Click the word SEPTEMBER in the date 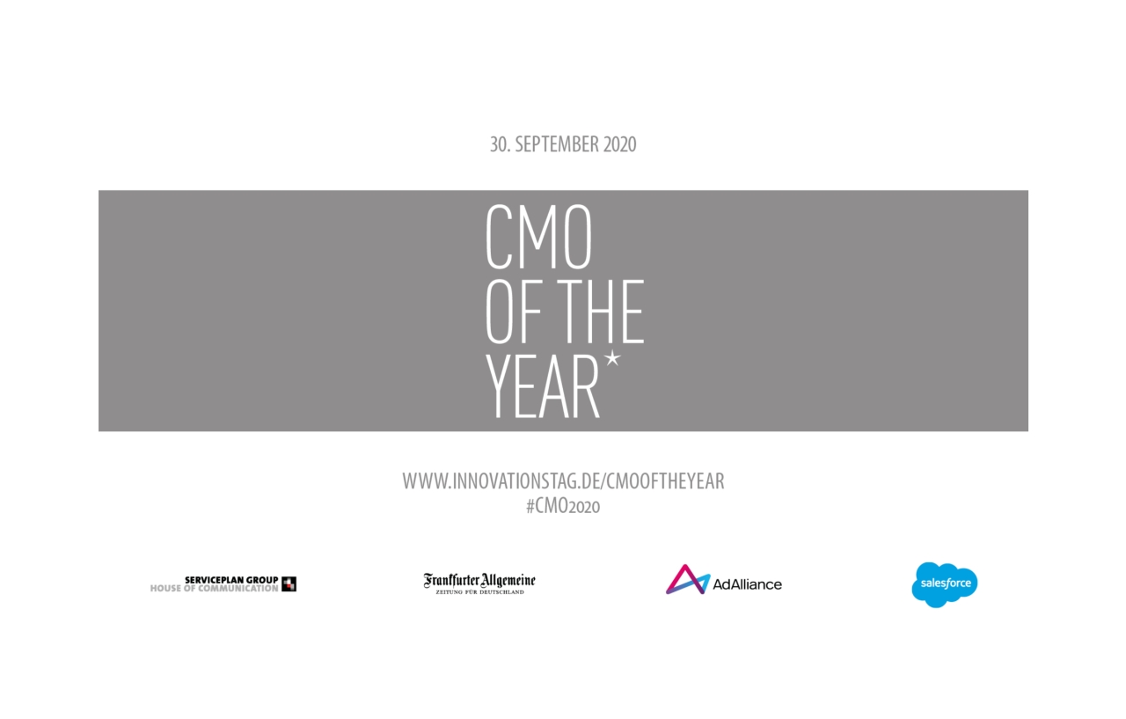[556, 144]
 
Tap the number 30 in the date [499, 144]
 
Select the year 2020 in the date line [619, 144]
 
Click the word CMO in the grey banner [538, 238]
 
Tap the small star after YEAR [612, 359]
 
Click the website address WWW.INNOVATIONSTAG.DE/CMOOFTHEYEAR [563, 481]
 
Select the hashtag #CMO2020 [563, 507]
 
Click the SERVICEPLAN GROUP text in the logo [231, 579]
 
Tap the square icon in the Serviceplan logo [289, 583]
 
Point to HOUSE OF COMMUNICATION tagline [214, 588]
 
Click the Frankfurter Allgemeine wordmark [479, 580]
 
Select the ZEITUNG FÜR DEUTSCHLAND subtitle [479, 592]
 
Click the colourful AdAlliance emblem [687, 580]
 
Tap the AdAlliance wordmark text [747, 583]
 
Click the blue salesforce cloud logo [944, 584]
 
